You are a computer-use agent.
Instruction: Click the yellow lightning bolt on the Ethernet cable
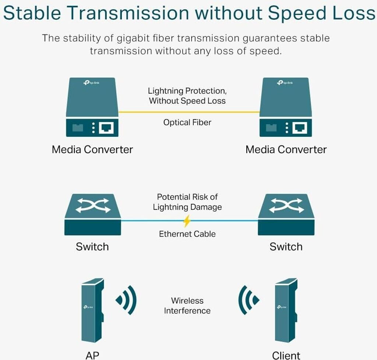click(187, 221)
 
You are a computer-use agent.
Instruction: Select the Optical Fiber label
click(187, 122)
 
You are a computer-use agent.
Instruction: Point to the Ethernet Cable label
click(187, 234)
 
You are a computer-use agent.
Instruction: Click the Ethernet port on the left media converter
click(106, 127)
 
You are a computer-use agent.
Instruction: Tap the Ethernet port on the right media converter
click(300, 127)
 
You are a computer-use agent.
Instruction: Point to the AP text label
click(92, 355)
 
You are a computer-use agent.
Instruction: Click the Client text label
click(286, 355)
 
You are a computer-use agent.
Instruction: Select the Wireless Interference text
click(187, 306)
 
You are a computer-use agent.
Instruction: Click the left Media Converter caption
click(92, 149)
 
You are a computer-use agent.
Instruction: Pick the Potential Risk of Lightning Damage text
click(187, 202)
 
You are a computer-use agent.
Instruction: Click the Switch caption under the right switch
click(286, 247)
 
